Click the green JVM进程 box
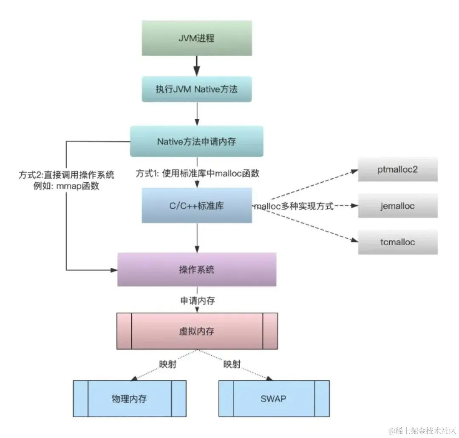tap(196, 38)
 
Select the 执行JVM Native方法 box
tap(196, 90)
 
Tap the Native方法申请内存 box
tap(196, 141)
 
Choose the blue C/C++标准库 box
tap(196, 206)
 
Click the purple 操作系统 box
tap(196, 269)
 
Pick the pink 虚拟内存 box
tap(196, 331)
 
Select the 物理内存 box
tap(130, 398)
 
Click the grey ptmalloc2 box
tap(397, 169)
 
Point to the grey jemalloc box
tap(397, 206)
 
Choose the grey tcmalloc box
tap(397, 242)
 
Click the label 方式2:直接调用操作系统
tap(66, 175)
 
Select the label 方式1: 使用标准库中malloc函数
tap(198, 174)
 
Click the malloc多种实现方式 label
tap(294, 207)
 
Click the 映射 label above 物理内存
tap(168, 364)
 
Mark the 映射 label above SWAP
tap(232, 364)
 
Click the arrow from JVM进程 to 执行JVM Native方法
tap(196, 66)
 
